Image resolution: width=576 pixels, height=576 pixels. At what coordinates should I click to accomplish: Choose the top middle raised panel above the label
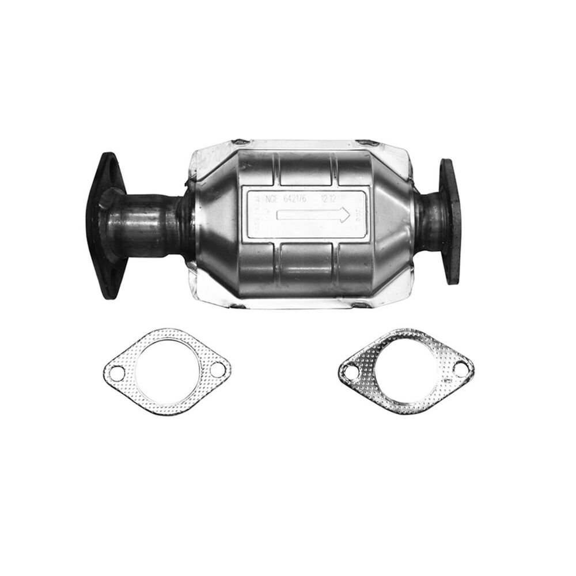click(x=305, y=167)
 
